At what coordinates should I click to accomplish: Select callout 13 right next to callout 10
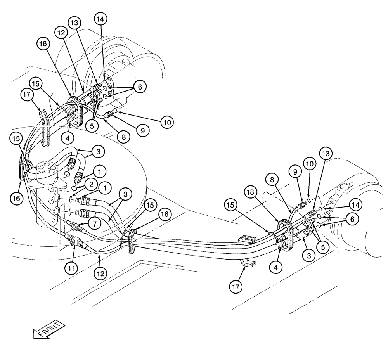[x=325, y=154]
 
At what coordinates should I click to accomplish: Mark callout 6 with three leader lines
[x=139, y=88]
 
